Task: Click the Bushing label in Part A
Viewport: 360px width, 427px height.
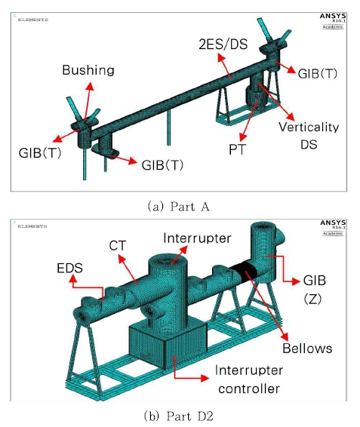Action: (88, 70)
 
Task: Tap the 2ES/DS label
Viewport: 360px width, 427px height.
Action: (223, 45)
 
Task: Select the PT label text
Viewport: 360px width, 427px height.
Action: (238, 149)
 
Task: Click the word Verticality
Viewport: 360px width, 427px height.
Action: (309, 127)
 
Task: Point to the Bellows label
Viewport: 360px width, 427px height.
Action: (307, 349)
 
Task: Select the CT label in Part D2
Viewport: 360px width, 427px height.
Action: (118, 246)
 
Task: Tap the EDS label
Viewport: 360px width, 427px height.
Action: (69, 269)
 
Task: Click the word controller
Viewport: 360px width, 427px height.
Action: (249, 389)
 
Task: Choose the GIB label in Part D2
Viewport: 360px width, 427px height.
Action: (315, 281)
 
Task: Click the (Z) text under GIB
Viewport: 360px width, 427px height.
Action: (313, 299)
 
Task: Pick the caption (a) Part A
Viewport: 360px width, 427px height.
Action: (179, 207)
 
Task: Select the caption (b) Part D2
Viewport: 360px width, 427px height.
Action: (179, 416)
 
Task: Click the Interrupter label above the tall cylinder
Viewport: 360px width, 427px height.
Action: (197, 238)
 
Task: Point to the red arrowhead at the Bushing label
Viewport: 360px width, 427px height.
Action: (90, 86)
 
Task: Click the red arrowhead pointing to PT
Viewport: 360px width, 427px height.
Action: (243, 137)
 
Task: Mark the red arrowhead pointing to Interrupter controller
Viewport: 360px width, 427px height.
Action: (205, 378)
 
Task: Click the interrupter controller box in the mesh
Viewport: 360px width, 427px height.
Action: (167, 346)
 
